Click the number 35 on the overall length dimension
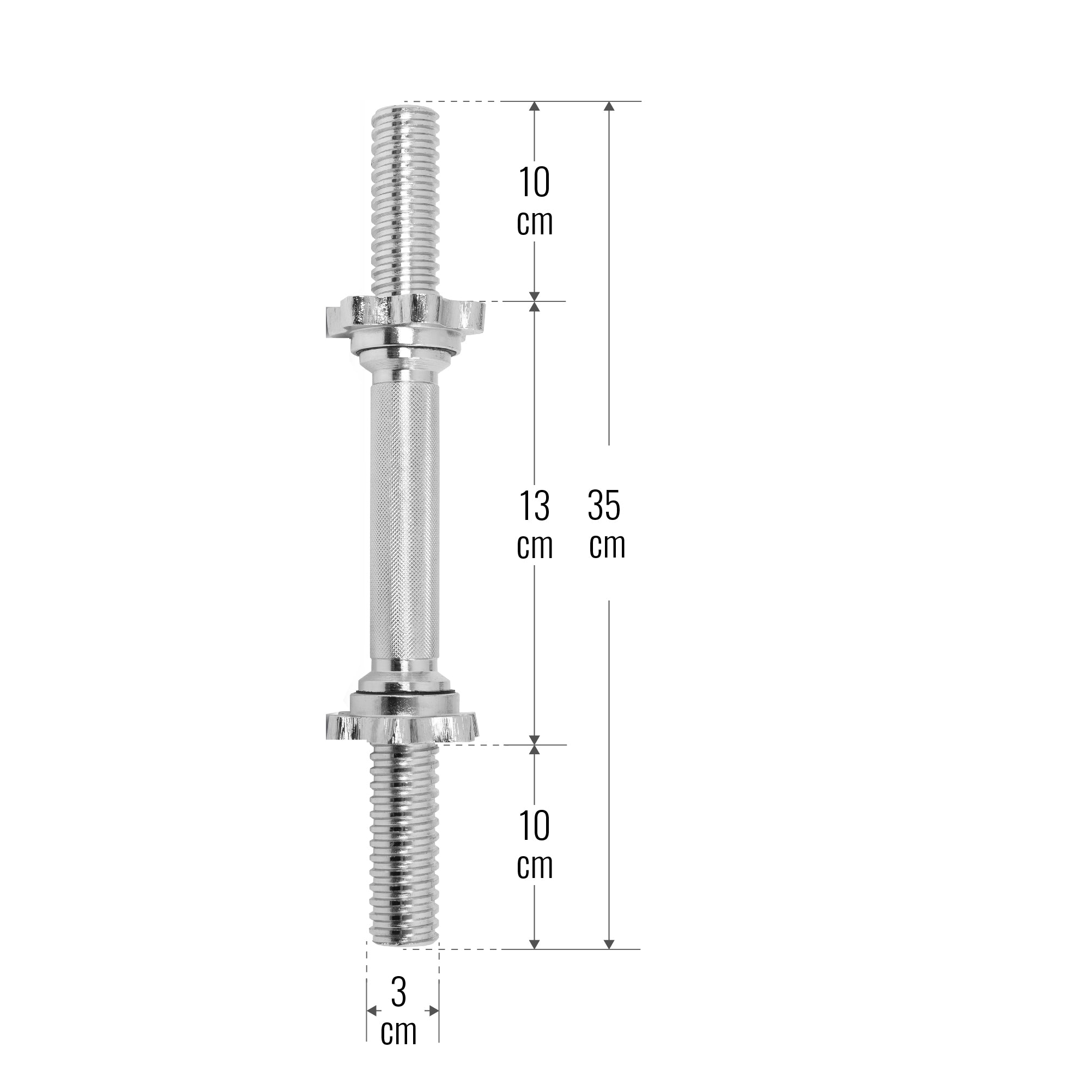click(604, 506)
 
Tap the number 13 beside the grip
click(534, 506)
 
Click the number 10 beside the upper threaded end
click(534, 182)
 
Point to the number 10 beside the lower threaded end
click(534, 827)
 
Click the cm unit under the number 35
click(607, 546)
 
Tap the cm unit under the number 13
click(535, 546)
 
